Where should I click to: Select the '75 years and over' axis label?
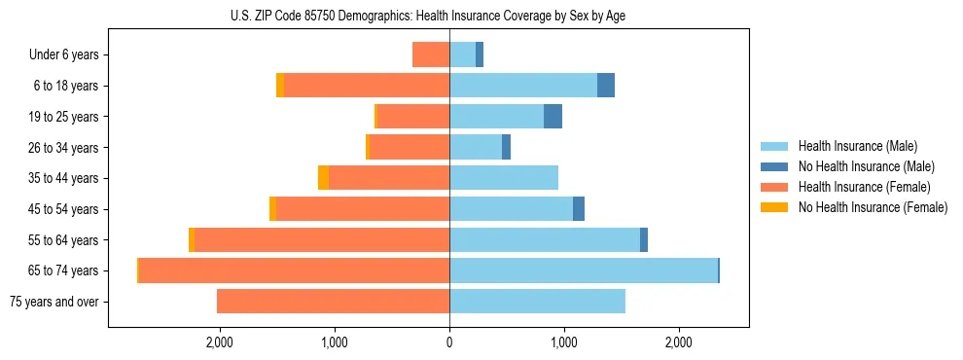(54, 302)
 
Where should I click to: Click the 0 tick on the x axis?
(449, 342)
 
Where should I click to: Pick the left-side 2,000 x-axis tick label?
(220, 342)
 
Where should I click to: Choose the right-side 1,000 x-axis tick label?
(564, 342)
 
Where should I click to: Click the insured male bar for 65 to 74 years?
(584, 270)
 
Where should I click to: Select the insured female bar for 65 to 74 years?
(294, 270)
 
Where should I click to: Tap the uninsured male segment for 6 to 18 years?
(606, 86)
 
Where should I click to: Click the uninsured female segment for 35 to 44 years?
(323, 178)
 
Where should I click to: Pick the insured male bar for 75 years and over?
(537, 302)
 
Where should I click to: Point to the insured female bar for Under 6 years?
(431, 54)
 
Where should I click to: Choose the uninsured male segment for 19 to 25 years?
(553, 117)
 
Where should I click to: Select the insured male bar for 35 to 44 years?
(504, 178)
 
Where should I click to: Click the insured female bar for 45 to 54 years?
(363, 209)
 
